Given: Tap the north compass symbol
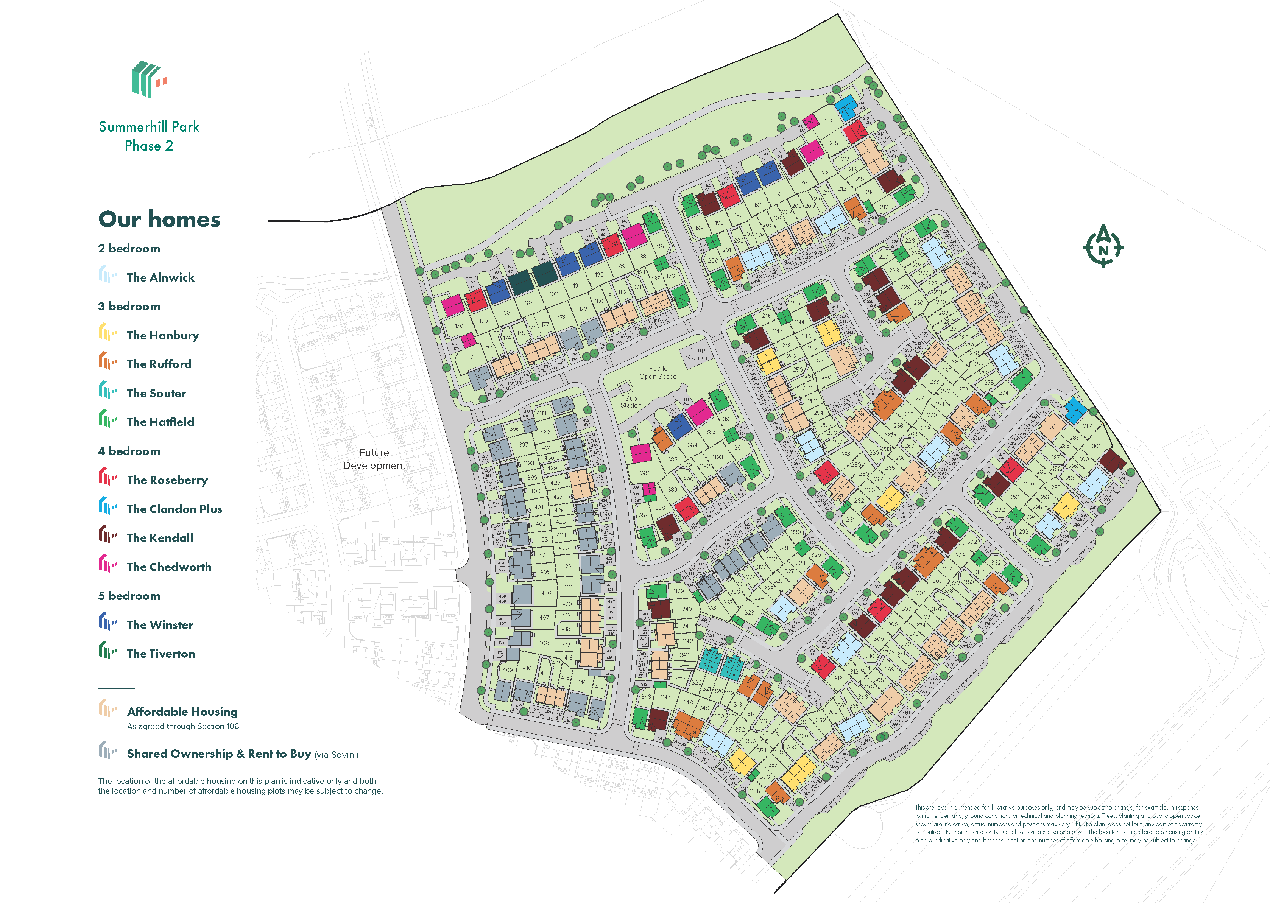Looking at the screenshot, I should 1103,246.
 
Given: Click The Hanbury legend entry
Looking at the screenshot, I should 162,335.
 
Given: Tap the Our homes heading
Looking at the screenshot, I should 159,219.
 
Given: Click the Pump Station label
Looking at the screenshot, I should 696,353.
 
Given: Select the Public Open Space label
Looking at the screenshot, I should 658,372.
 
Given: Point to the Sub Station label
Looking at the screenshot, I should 631,402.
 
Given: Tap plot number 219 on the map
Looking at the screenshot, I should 828,121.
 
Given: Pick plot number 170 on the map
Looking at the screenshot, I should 459,326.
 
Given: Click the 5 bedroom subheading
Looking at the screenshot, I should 129,596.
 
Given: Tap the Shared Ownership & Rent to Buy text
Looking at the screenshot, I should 219,754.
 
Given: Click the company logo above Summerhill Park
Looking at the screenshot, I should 148,79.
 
